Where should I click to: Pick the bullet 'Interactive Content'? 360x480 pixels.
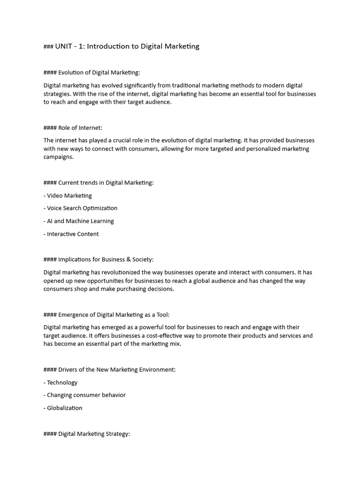click(x=71, y=234)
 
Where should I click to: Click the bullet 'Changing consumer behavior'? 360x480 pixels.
click(x=85, y=395)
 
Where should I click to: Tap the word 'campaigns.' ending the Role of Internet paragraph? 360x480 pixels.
click(x=59, y=157)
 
